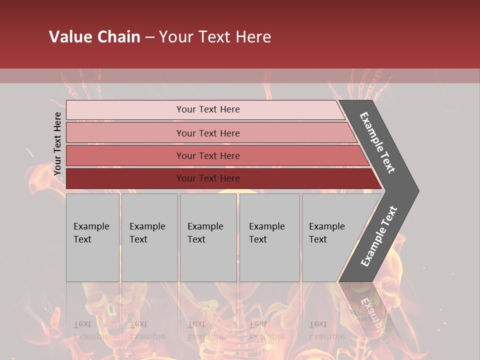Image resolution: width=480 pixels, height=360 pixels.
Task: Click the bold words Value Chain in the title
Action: [94, 37]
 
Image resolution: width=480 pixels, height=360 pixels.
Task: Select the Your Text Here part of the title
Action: [215, 37]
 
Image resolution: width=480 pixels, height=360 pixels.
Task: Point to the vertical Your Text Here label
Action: [57, 143]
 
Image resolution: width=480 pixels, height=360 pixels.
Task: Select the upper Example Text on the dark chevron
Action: [377, 142]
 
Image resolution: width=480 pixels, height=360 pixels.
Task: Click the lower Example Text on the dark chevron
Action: [378, 236]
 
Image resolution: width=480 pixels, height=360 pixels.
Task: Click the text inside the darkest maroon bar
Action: [208, 178]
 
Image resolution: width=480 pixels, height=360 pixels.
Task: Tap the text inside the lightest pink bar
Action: [208, 109]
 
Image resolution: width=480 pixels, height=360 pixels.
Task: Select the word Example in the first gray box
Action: [91, 226]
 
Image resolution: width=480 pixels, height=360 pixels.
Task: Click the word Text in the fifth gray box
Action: [318, 239]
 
